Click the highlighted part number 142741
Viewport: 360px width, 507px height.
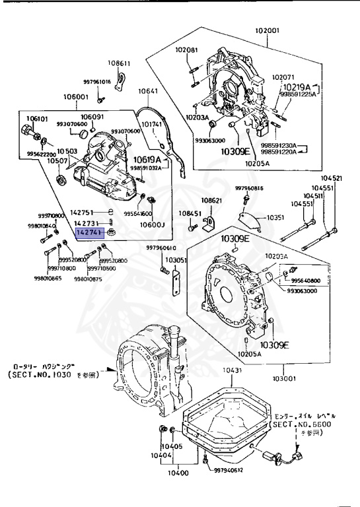point(89,233)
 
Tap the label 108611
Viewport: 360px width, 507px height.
point(120,63)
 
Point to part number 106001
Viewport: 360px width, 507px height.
point(76,96)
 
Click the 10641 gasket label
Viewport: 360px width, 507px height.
point(148,91)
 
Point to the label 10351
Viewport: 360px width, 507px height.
point(275,217)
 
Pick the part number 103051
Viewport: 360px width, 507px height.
point(176,260)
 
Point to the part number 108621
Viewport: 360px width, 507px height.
point(212,200)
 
